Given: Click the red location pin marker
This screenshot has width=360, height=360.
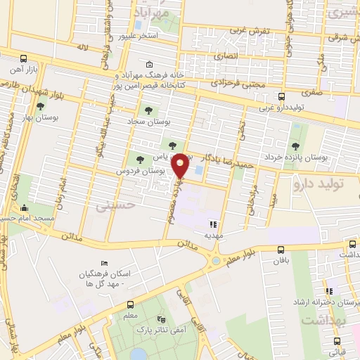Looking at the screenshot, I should [x=181, y=165].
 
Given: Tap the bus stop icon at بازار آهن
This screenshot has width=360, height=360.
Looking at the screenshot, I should [x=23, y=58].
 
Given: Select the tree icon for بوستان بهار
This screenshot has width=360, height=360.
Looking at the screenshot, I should [x=39, y=107].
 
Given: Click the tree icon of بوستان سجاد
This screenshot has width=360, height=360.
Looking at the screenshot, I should [x=148, y=110].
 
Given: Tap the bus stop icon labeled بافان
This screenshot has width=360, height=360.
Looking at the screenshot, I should [x=281, y=250].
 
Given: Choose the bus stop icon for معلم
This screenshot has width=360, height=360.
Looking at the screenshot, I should [x=130, y=305].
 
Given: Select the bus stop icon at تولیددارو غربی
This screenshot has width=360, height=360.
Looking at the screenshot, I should [x=281, y=97].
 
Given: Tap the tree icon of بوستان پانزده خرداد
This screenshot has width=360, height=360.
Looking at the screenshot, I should [x=296, y=146].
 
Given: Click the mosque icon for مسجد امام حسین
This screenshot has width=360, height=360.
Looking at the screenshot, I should [x=25, y=207].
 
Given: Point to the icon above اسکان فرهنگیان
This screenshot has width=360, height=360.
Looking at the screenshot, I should [x=105, y=263].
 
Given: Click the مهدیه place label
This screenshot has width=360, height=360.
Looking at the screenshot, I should [x=213, y=237].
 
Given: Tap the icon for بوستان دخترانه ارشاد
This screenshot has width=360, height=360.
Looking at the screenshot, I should [x=327, y=291].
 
